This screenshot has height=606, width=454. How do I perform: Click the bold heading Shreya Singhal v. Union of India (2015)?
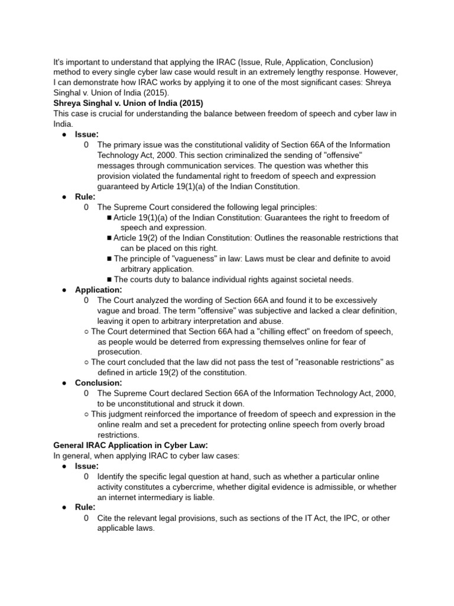click(128, 103)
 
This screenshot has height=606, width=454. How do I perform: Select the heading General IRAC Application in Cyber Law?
click(131, 445)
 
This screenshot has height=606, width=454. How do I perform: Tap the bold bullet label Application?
click(98, 290)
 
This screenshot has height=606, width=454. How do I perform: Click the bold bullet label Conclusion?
click(98, 383)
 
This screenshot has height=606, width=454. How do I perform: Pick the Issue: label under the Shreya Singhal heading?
click(87, 134)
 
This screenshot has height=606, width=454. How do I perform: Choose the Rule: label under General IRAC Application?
click(85, 507)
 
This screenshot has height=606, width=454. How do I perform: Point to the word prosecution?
click(119, 352)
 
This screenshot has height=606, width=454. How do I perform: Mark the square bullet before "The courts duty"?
click(109, 279)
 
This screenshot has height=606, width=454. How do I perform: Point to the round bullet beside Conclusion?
click(64, 383)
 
